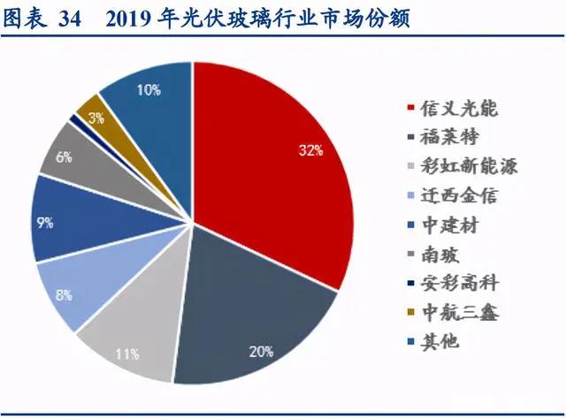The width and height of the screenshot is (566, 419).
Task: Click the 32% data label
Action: coord(310,150)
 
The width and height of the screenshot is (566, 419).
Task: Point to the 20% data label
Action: coord(260,351)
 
